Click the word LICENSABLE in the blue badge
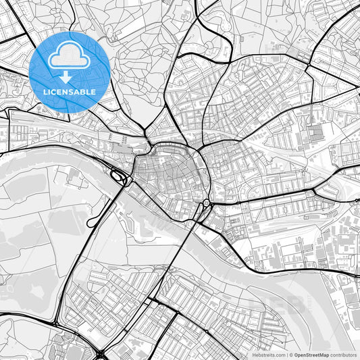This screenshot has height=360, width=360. pyautogui.click(x=70, y=91)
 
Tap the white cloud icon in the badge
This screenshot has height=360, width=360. pyautogui.click(x=70, y=56)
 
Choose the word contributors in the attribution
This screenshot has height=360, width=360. pyautogui.click(x=344, y=355)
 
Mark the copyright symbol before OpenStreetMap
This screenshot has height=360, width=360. pyautogui.click(x=290, y=355)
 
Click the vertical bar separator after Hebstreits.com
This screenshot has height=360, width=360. pyautogui.click(x=286, y=355)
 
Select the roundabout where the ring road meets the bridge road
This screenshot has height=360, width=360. pyautogui.click(x=205, y=203)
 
